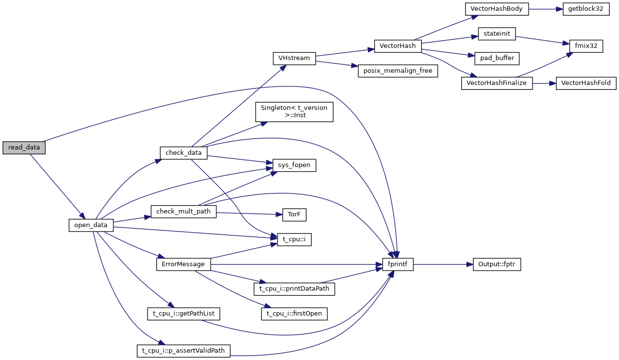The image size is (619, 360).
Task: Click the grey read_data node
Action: [x=24, y=148]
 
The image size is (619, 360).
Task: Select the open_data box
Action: [x=91, y=225]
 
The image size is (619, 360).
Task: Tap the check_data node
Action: [x=184, y=152]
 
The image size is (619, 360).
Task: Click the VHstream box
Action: [x=294, y=58]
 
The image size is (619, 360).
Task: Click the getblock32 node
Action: [x=586, y=9]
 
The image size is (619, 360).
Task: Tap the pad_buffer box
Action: [x=496, y=58]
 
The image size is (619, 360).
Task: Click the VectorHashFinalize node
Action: [x=496, y=83]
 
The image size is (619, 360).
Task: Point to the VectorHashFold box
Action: [x=586, y=83]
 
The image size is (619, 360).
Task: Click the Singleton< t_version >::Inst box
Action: [x=294, y=111]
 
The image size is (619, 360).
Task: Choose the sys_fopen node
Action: [x=294, y=166]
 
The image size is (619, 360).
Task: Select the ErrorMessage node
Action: [x=184, y=264]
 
